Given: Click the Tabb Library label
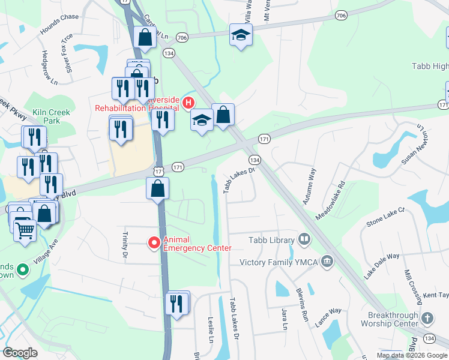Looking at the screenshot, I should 272,241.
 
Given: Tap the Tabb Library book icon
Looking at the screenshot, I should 304,241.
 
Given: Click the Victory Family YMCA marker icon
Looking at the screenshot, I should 327,262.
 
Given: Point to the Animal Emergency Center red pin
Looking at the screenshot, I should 154,242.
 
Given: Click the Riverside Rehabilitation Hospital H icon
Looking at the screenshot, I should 188,103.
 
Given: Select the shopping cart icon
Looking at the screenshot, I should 25,229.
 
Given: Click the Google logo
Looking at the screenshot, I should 20,353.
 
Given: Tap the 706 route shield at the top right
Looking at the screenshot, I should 341,15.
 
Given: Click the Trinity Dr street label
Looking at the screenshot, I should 126,246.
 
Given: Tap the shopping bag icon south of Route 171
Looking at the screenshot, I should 157,189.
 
